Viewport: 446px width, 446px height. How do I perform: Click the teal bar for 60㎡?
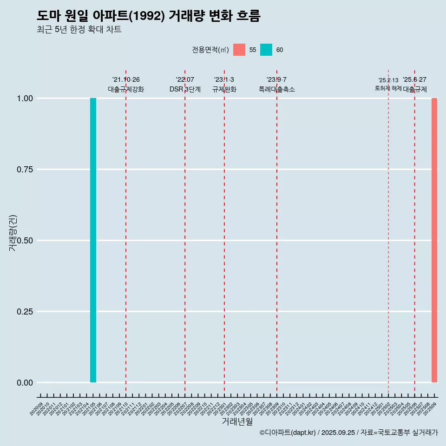click(93, 240)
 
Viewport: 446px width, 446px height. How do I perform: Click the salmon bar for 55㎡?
click(434, 240)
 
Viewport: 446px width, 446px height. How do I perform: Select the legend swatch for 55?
click(239, 50)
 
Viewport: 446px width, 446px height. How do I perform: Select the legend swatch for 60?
click(266, 50)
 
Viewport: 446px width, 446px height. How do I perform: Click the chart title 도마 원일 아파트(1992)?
click(149, 16)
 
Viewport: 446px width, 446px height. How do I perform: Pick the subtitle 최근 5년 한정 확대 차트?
click(79, 30)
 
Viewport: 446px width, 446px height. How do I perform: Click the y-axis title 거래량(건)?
click(13, 232)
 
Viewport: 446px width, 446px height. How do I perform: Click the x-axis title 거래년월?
click(237, 421)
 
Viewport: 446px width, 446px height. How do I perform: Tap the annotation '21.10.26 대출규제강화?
click(126, 85)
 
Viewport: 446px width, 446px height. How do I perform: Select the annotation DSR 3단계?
click(185, 89)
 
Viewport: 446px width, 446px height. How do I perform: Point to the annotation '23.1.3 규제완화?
click(224, 85)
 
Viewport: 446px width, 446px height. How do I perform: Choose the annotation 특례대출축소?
click(277, 89)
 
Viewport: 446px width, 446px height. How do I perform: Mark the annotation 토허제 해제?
click(388, 88)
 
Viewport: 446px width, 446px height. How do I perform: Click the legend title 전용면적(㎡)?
click(210, 50)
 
